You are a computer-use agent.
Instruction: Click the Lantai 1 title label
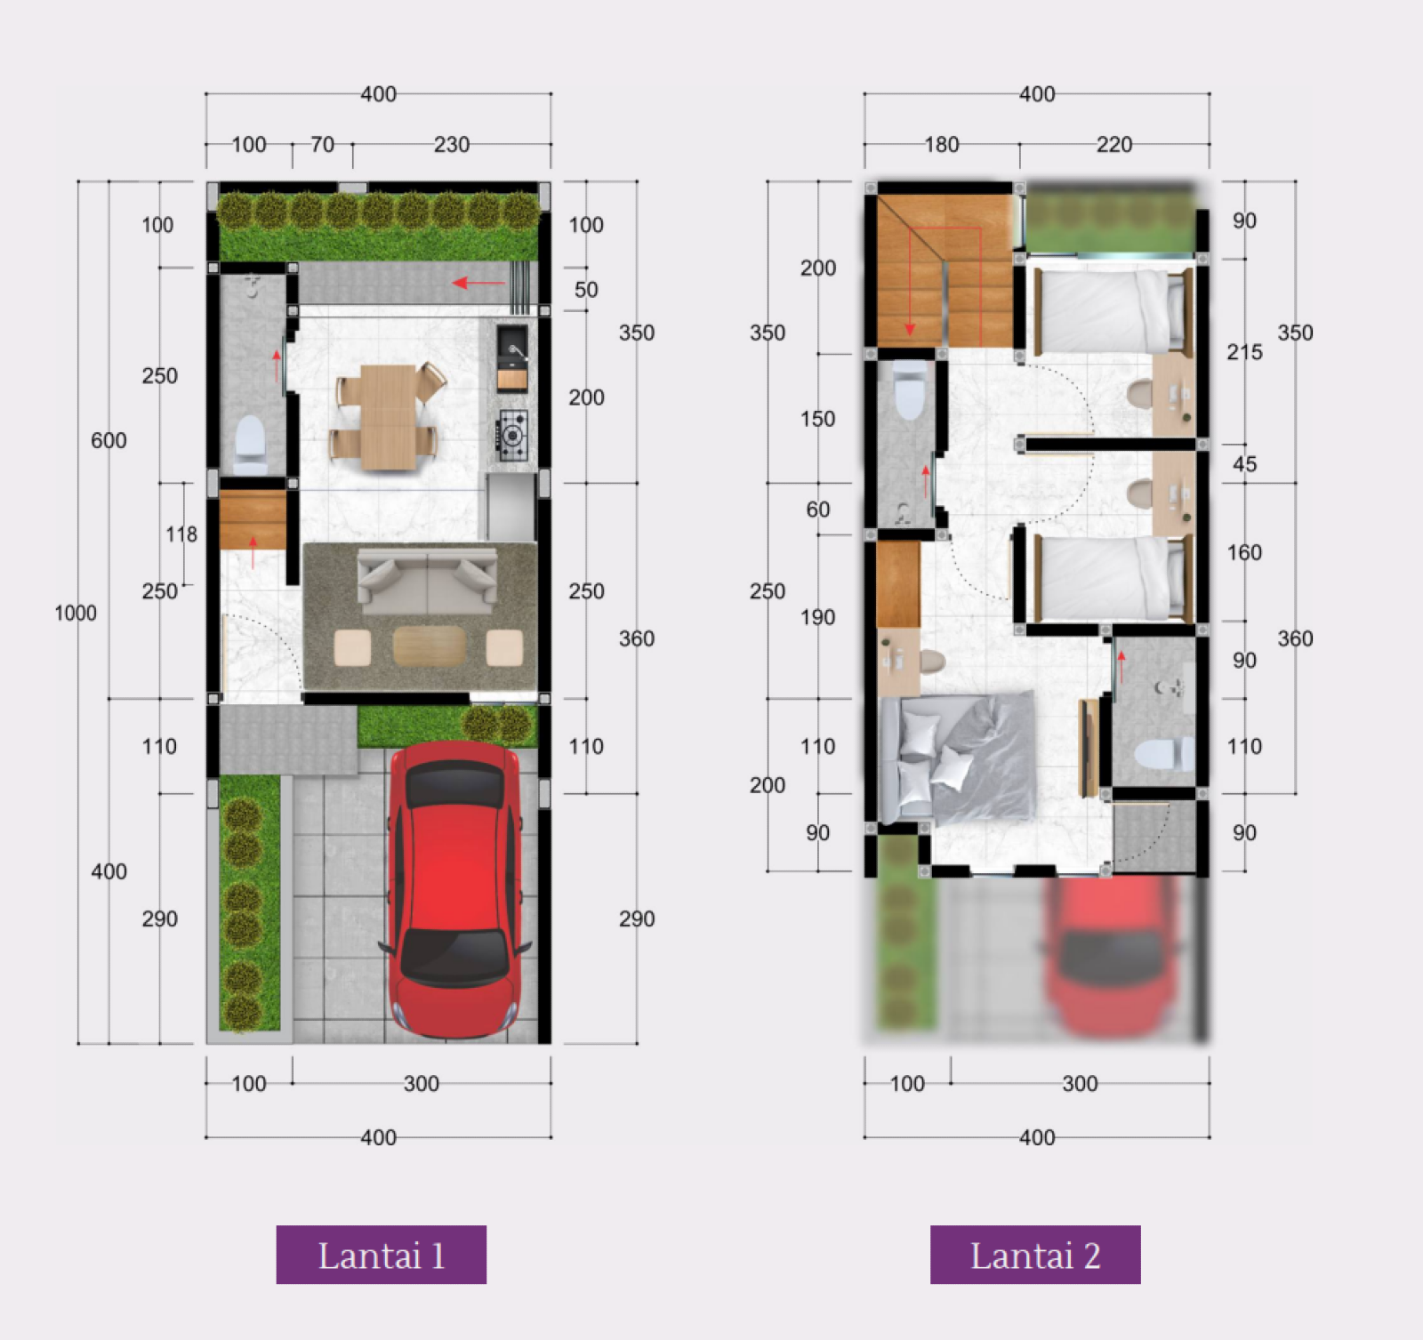(381, 1255)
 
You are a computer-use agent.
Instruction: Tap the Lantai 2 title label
(1035, 1255)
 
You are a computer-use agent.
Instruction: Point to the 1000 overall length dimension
(76, 613)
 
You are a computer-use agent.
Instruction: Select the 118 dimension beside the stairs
(181, 534)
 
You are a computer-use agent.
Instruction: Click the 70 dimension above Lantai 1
(322, 144)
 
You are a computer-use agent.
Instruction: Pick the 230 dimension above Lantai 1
(452, 144)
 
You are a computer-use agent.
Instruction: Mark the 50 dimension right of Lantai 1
(586, 290)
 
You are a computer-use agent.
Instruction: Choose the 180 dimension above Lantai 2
(942, 144)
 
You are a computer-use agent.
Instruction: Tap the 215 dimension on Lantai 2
(1244, 352)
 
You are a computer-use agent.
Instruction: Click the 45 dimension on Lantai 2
(1245, 464)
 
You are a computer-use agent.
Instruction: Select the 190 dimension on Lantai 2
(817, 617)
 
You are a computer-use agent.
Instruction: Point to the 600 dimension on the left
(109, 440)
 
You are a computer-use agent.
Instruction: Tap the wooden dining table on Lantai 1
(389, 416)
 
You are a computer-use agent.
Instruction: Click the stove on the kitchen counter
(512, 435)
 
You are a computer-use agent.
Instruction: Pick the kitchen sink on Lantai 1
(512, 347)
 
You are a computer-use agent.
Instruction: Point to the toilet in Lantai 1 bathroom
(250, 445)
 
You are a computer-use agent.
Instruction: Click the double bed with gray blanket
(957, 757)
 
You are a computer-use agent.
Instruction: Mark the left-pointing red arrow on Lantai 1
(478, 284)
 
